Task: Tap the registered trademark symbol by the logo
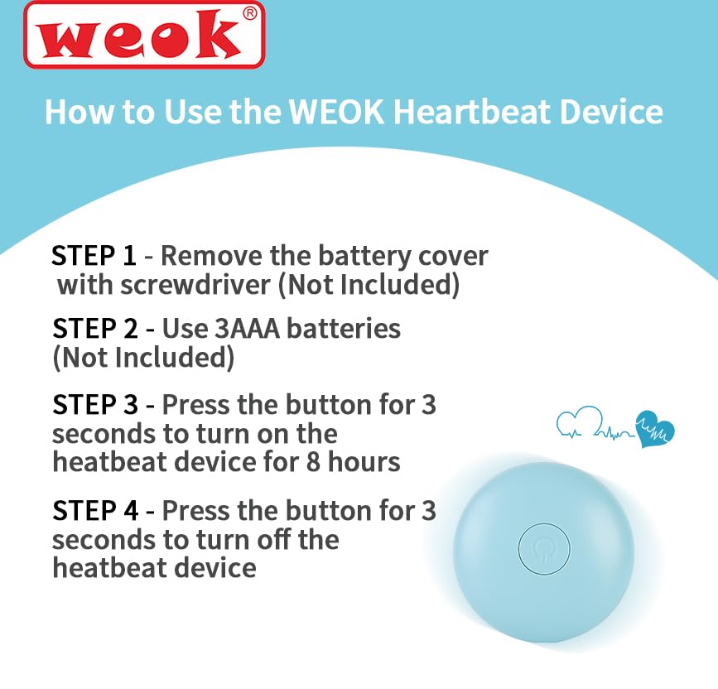tap(249, 14)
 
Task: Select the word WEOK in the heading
tap(336, 112)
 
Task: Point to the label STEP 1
tap(94, 256)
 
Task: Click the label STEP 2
tap(94, 329)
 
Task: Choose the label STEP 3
tap(94, 405)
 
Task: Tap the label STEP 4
tap(94, 511)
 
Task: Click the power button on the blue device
tap(544, 548)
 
